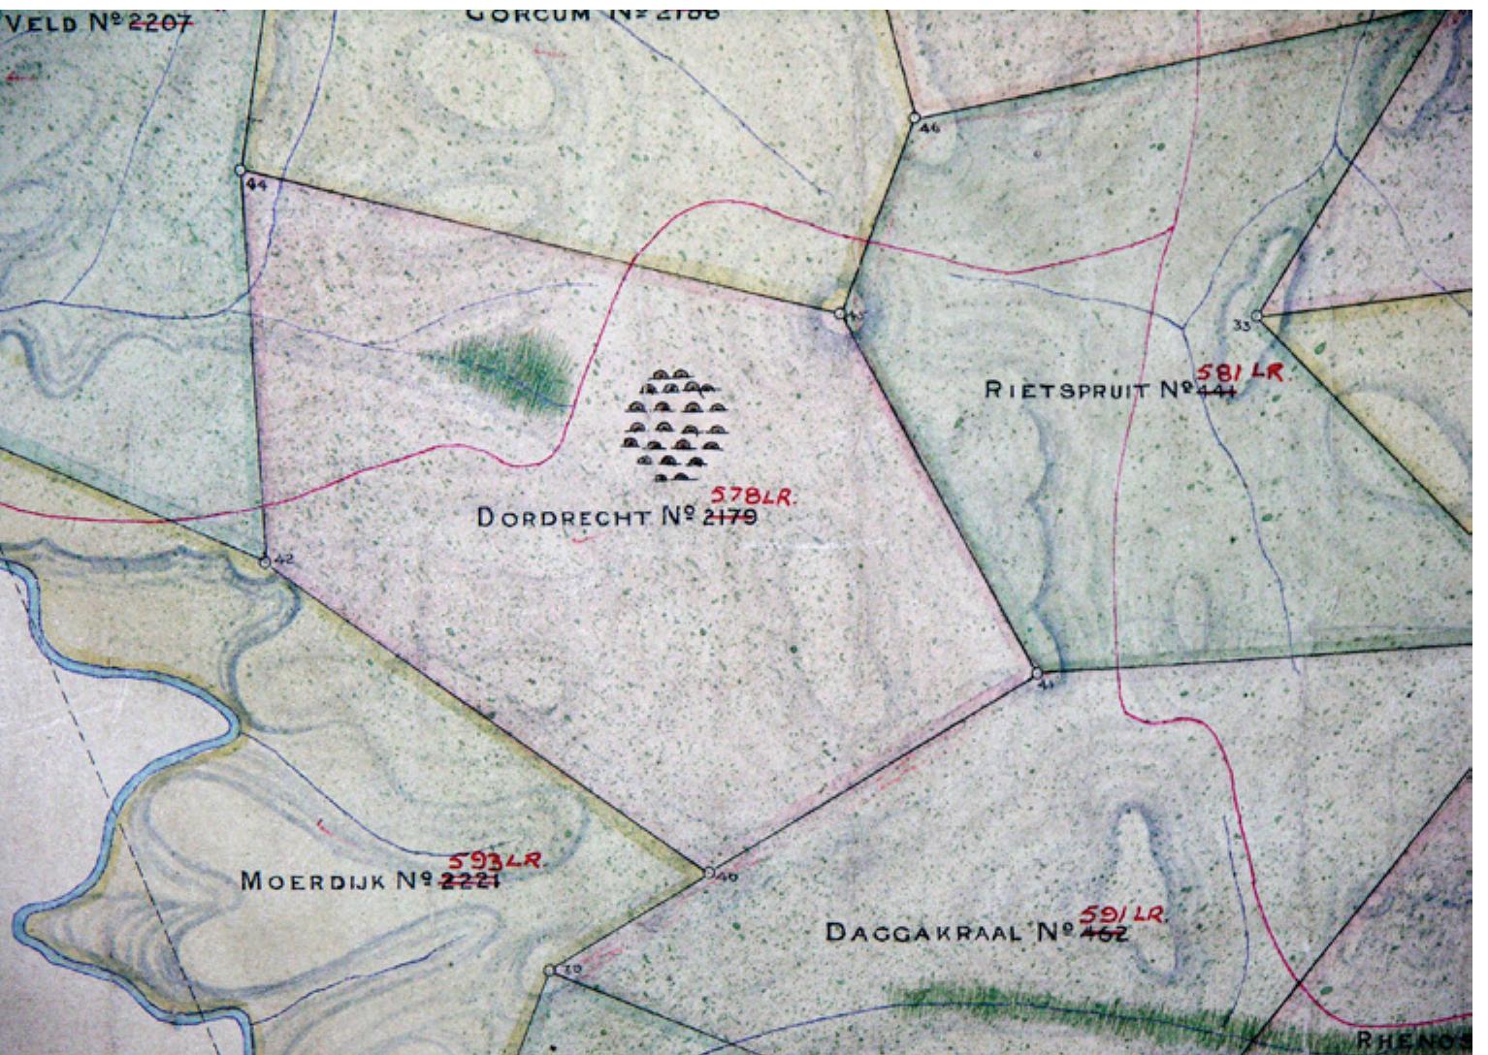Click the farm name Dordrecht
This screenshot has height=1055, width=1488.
coord(563,518)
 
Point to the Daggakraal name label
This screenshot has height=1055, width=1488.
coord(922,933)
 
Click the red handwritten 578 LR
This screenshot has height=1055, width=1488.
coord(760,496)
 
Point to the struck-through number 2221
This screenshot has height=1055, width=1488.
coord(472,881)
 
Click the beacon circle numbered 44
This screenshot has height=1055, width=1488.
coord(241,171)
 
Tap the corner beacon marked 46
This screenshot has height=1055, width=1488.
coord(913,117)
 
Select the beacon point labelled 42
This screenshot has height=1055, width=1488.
coord(265,561)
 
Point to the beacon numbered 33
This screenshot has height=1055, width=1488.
coord(1256,316)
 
